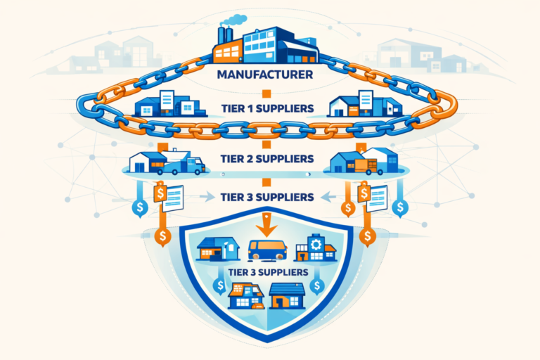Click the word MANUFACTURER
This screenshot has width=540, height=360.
click(x=270, y=72)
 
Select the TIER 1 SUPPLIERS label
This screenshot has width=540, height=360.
click(x=270, y=109)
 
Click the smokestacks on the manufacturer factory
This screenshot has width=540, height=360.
click(x=225, y=35)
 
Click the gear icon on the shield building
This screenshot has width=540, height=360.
click(x=314, y=244)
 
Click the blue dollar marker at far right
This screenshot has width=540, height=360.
click(x=400, y=207)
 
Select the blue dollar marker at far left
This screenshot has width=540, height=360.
click(x=140, y=207)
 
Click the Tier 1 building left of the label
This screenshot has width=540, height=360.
click(x=156, y=105)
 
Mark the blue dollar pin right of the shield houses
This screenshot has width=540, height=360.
click(x=318, y=285)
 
